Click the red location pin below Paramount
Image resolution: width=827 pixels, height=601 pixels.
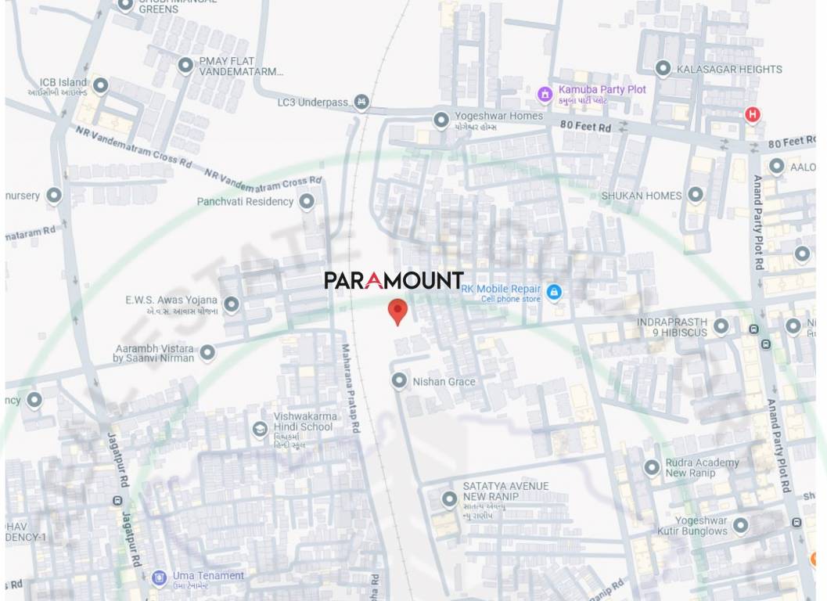pos(398,311)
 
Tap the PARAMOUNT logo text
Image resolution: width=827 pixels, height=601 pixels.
pos(394,280)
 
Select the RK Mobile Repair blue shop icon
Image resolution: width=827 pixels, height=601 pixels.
pos(554,293)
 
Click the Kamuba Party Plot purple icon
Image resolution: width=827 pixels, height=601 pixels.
pos(545,95)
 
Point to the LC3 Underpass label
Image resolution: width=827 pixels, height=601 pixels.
pos(312,103)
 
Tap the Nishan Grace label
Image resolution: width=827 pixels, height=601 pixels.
pos(444,382)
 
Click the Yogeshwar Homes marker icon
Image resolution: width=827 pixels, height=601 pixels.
pos(441,120)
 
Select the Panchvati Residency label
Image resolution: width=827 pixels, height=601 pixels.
pos(245,201)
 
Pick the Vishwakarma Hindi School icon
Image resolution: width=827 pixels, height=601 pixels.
pos(260,429)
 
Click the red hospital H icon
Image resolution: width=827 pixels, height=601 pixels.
pos(753,115)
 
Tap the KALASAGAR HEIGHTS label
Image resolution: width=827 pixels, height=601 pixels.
pos(729,70)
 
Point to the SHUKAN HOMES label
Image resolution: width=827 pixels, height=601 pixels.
pos(641,196)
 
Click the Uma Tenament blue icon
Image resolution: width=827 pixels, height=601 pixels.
pos(160,578)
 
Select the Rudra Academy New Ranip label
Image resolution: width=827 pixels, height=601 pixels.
pos(702,468)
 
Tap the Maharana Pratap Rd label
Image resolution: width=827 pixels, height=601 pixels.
pos(350,389)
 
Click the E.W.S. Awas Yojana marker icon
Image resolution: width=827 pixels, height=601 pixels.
pos(232,304)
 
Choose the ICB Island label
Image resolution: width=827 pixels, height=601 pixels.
pos(63,82)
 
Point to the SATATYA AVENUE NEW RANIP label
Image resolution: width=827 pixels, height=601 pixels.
pos(505,491)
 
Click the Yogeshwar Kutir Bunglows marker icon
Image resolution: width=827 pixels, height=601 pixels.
pos(740,524)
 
